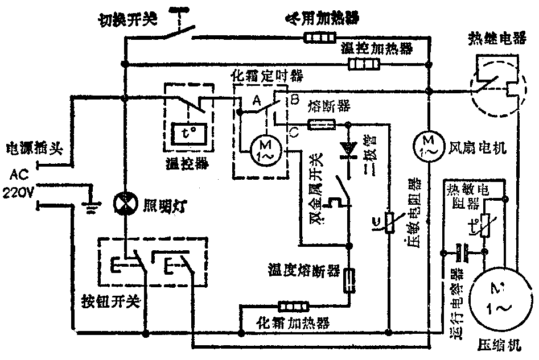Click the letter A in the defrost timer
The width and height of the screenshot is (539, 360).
(256, 101)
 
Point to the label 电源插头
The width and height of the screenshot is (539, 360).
(33, 150)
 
